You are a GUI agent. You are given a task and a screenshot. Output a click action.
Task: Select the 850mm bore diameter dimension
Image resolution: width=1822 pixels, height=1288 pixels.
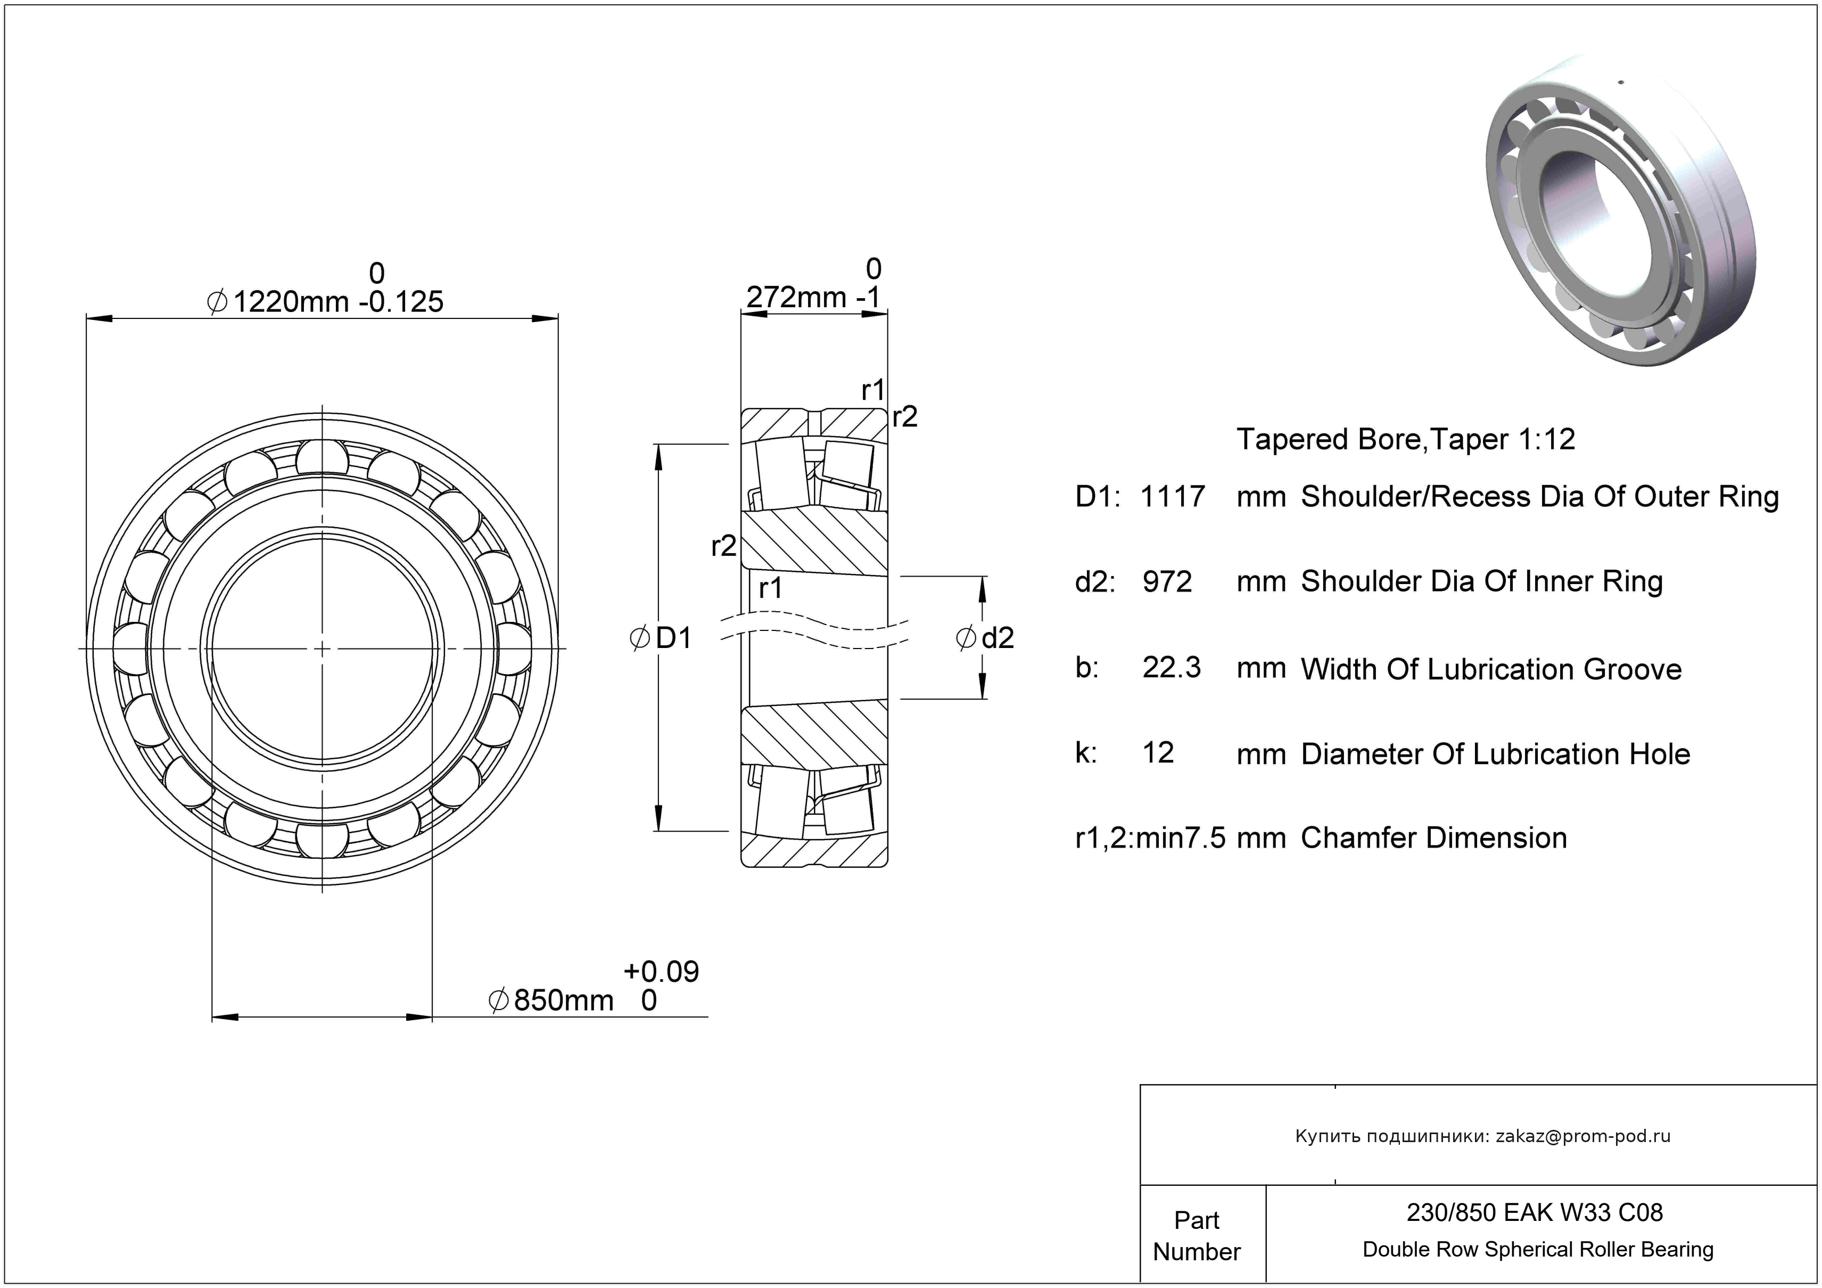pyautogui.click(x=564, y=1000)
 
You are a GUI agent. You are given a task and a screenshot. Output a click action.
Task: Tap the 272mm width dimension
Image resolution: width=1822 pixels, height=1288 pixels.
pyautogui.click(x=796, y=298)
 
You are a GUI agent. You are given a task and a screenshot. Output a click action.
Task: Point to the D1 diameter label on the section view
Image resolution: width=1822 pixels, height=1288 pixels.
pyautogui.click(x=673, y=637)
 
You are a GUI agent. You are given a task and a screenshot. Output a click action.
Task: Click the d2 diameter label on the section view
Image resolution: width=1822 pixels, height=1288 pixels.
pyautogui.click(x=997, y=638)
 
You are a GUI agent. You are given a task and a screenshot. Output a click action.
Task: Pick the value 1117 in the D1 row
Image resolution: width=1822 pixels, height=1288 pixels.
pyautogui.click(x=1172, y=497)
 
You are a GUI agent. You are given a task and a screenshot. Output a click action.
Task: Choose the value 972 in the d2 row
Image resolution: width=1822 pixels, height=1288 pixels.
pyautogui.click(x=1167, y=581)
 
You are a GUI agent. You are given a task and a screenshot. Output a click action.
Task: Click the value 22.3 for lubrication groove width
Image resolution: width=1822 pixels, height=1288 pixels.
pyautogui.click(x=1171, y=667)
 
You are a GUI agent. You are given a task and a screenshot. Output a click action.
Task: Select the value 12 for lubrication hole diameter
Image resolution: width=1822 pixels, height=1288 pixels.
pyautogui.click(x=1158, y=752)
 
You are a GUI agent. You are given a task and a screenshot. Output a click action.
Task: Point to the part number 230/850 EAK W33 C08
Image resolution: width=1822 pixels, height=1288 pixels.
pyautogui.click(x=1534, y=1212)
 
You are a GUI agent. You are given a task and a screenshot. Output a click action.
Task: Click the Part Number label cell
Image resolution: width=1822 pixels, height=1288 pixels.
pyautogui.click(x=1196, y=1236)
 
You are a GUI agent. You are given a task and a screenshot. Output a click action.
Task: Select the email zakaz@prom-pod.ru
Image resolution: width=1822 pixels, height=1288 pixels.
pyautogui.click(x=1582, y=1136)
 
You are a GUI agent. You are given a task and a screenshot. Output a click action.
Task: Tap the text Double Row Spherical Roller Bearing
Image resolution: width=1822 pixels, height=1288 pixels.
pyautogui.click(x=1538, y=1250)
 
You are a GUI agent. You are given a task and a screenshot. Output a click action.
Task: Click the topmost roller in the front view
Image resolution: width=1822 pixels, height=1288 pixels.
pyautogui.click(x=322, y=458)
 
